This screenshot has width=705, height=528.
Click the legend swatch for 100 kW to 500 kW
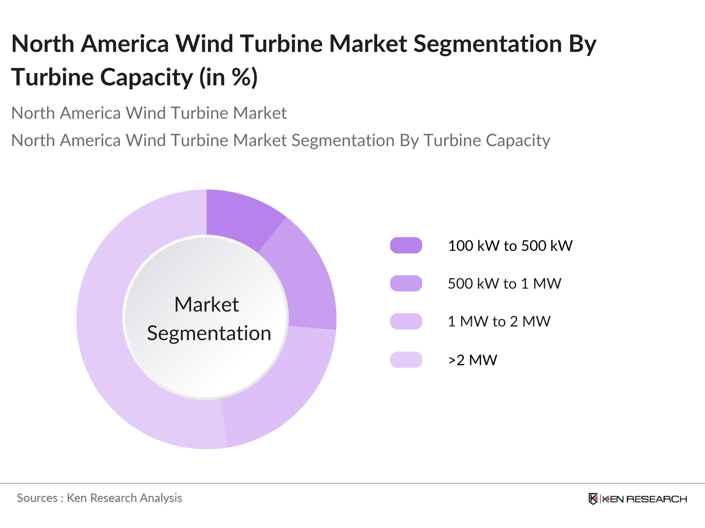point(406,246)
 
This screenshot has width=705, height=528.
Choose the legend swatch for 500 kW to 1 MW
point(406,283)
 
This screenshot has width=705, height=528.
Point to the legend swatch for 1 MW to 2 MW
point(406,321)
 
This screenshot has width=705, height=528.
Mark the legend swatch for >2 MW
point(406,359)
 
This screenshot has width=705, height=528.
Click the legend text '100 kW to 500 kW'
point(510,246)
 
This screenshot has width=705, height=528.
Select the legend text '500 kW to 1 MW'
point(504,283)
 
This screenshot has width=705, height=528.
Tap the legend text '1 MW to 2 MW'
point(499,321)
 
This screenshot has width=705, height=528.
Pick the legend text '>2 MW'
point(472,360)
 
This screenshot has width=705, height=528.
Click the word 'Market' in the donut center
point(207,304)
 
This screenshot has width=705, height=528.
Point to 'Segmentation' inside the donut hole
point(209,333)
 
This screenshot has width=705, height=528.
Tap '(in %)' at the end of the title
point(228,77)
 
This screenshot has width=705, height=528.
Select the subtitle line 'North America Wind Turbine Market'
point(149,113)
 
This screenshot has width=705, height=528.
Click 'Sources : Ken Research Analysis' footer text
point(100,498)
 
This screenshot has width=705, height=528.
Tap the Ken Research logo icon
point(593,499)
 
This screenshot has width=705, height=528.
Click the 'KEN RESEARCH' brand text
point(644,499)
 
